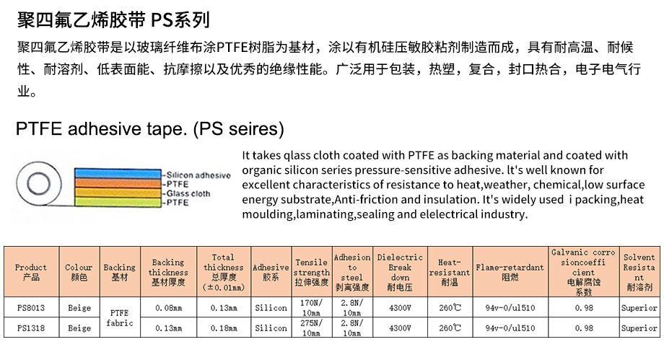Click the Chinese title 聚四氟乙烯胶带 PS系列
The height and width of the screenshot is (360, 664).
pos(113,20)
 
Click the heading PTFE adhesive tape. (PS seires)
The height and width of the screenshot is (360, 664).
pos(149,128)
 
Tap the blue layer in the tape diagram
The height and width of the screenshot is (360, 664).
pos(118,173)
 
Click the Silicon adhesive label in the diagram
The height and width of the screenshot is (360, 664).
pos(198,175)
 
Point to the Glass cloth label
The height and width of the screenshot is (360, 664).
pos(188,193)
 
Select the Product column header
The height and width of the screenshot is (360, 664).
pos(31,272)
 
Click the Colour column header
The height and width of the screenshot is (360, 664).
pos(79,272)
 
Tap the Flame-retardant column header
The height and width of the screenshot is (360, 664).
pos(510,272)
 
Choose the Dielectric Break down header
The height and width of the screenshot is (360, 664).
pos(400,272)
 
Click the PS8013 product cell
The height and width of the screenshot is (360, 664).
pos(31,307)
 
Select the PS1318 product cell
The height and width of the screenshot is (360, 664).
pos(31,328)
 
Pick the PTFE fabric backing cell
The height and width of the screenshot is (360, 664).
pos(120,317)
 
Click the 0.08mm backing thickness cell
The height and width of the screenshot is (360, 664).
pos(169,308)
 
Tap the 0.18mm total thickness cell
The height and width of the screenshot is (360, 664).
pos(224,328)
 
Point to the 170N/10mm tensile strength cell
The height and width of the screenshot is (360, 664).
pos(312,308)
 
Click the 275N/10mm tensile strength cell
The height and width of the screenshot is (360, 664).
pos(312,328)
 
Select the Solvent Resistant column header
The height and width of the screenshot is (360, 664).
pos(639,272)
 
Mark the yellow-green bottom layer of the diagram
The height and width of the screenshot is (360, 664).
pos(118,202)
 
